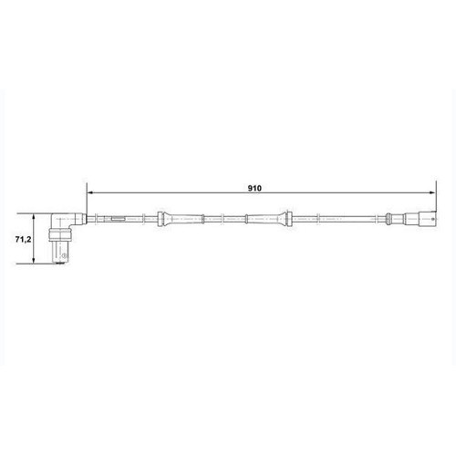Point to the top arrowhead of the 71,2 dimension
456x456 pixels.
point(35,217)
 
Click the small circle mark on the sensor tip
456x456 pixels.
point(63,259)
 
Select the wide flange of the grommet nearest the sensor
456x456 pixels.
point(161,218)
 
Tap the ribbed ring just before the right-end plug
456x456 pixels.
point(390,218)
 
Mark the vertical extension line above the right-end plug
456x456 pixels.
point(431,202)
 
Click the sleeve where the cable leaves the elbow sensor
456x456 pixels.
point(79,218)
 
